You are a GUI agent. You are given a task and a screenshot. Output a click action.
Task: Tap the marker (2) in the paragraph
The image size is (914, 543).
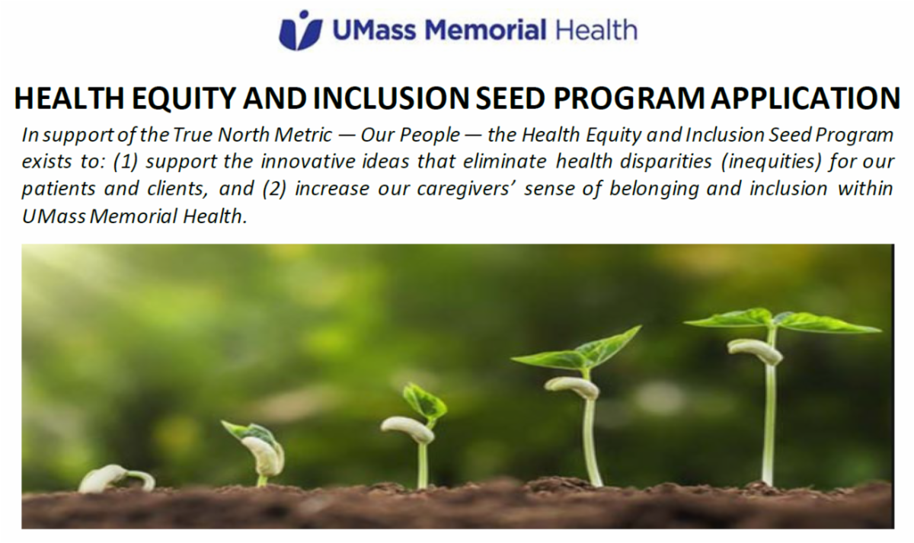point(273,189)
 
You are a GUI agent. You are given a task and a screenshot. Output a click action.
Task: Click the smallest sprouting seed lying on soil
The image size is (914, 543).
point(107,478)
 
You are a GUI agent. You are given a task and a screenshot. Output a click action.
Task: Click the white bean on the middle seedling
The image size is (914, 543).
point(407,429)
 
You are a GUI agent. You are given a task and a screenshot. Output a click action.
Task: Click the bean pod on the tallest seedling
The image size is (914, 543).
point(754,350)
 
